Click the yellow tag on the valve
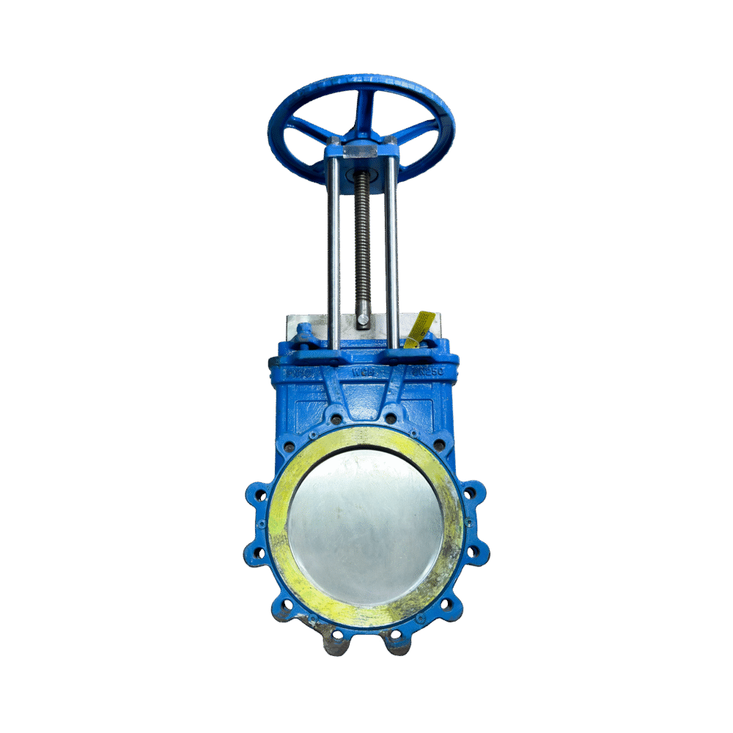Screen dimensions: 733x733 pyautogui.click(x=421, y=328)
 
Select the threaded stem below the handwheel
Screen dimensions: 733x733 pyautogui.click(x=362, y=242)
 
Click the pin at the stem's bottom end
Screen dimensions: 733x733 pyautogui.click(x=364, y=320)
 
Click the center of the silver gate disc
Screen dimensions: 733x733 pyautogui.click(x=365, y=526)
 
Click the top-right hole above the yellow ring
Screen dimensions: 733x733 pyautogui.click(x=391, y=419)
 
